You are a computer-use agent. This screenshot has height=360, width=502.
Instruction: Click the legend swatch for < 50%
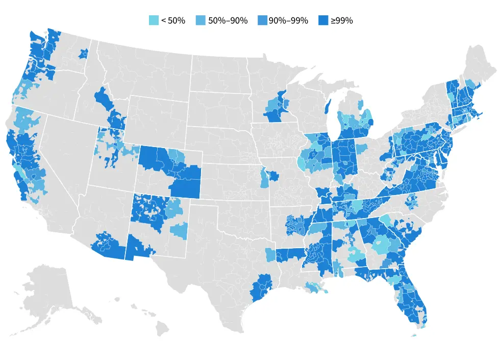pyautogui.click(x=154, y=20)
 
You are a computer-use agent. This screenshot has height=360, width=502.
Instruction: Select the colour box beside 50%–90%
pyautogui.click(x=201, y=20)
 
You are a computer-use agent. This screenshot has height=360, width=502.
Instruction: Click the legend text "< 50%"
pyautogui.click(x=173, y=20)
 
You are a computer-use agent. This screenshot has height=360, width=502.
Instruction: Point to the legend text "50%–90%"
pyautogui.click(x=228, y=20)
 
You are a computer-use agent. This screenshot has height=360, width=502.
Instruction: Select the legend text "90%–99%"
pyautogui.click(x=289, y=20)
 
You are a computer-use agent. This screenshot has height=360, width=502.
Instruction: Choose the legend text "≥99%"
pyautogui.click(x=342, y=20)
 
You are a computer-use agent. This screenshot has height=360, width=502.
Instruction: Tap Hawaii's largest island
pyautogui.click(x=162, y=328)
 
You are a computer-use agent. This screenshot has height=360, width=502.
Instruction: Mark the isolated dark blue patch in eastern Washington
pyautogui.click(x=83, y=53)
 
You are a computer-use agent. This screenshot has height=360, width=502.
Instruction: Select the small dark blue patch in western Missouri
pyautogui.click(x=274, y=177)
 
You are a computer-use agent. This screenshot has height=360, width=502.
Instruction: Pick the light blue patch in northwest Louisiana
pyautogui.click(x=270, y=254)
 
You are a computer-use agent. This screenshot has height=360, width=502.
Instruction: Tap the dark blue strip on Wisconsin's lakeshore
pyautogui.click(x=328, y=107)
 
